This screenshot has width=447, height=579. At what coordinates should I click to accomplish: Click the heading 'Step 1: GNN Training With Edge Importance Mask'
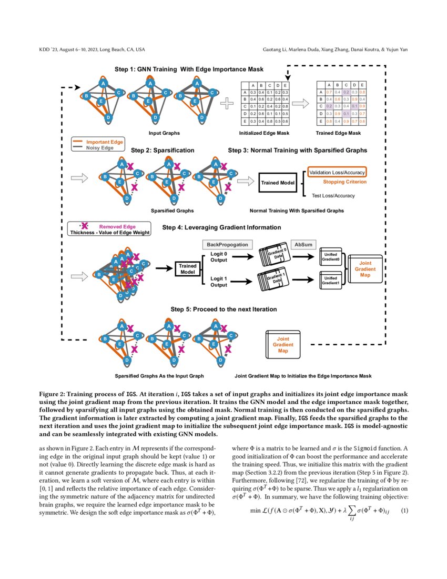pos(189,69)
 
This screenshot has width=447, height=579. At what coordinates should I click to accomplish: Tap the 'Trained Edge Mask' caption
pos(338,134)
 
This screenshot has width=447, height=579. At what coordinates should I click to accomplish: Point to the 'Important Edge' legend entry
pos(105,142)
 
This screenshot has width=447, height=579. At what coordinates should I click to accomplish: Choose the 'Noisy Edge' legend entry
pos(100,148)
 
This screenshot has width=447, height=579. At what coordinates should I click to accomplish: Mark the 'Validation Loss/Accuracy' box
pos(336,173)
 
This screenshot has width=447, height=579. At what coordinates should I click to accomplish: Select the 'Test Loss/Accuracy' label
pos(333,196)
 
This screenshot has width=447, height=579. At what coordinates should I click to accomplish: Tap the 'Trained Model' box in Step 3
pos(278,183)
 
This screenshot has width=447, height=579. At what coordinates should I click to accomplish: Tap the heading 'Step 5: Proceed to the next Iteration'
pos(223,309)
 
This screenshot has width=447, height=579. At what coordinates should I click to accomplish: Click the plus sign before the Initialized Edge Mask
pos(227,104)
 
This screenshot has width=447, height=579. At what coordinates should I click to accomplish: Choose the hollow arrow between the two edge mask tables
pos(300,104)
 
